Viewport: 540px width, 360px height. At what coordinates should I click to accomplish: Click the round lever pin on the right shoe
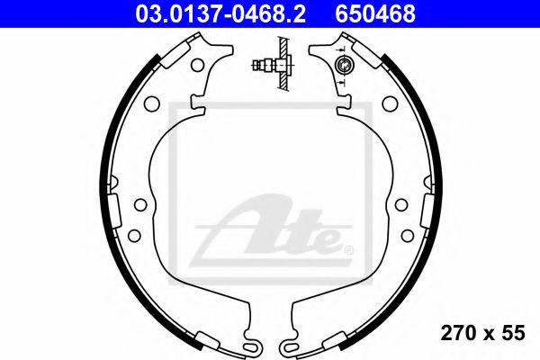343,65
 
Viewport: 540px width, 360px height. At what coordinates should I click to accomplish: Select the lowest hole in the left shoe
134,235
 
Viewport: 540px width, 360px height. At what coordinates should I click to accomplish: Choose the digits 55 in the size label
513,333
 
